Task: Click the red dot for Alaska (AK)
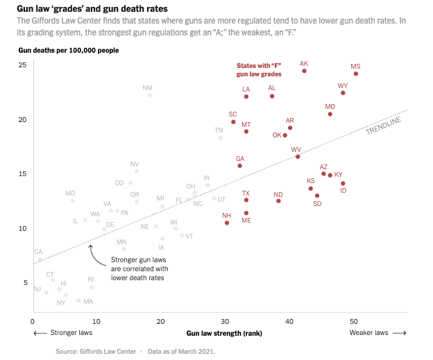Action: coord(304,71)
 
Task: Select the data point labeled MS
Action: coord(356,74)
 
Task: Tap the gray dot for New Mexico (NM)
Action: coord(149,94)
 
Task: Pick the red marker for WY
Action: coord(343,93)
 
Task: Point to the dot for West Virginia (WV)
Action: coord(298,157)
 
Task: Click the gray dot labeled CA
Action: coord(40,259)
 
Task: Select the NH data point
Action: coord(227,223)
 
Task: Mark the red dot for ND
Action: coord(278,201)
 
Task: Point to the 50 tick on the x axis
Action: coord(353,321)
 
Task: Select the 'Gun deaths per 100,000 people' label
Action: coord(68,51)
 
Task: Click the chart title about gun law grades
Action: coord(95,8)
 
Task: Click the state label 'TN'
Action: coord(219,130)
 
